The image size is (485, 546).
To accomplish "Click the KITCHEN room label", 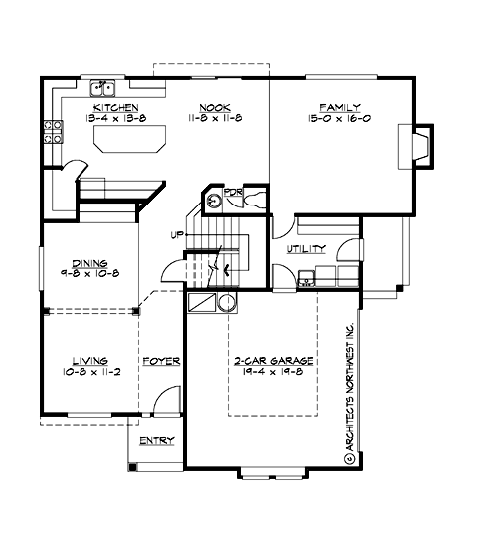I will pos(115,106).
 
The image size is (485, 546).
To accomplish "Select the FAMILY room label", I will pos(339,106).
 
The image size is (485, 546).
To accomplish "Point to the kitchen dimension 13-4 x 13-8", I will pos(115,118).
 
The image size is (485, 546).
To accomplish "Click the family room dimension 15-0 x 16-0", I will pos(339,118).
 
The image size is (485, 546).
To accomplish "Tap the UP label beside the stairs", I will pos(175,235).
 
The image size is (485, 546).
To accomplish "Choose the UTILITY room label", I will pos(304,250).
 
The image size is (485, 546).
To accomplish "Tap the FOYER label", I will pos(160,361).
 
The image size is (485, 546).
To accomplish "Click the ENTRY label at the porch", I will pos(156,440).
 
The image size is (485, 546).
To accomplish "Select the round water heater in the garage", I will pos(227,302).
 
